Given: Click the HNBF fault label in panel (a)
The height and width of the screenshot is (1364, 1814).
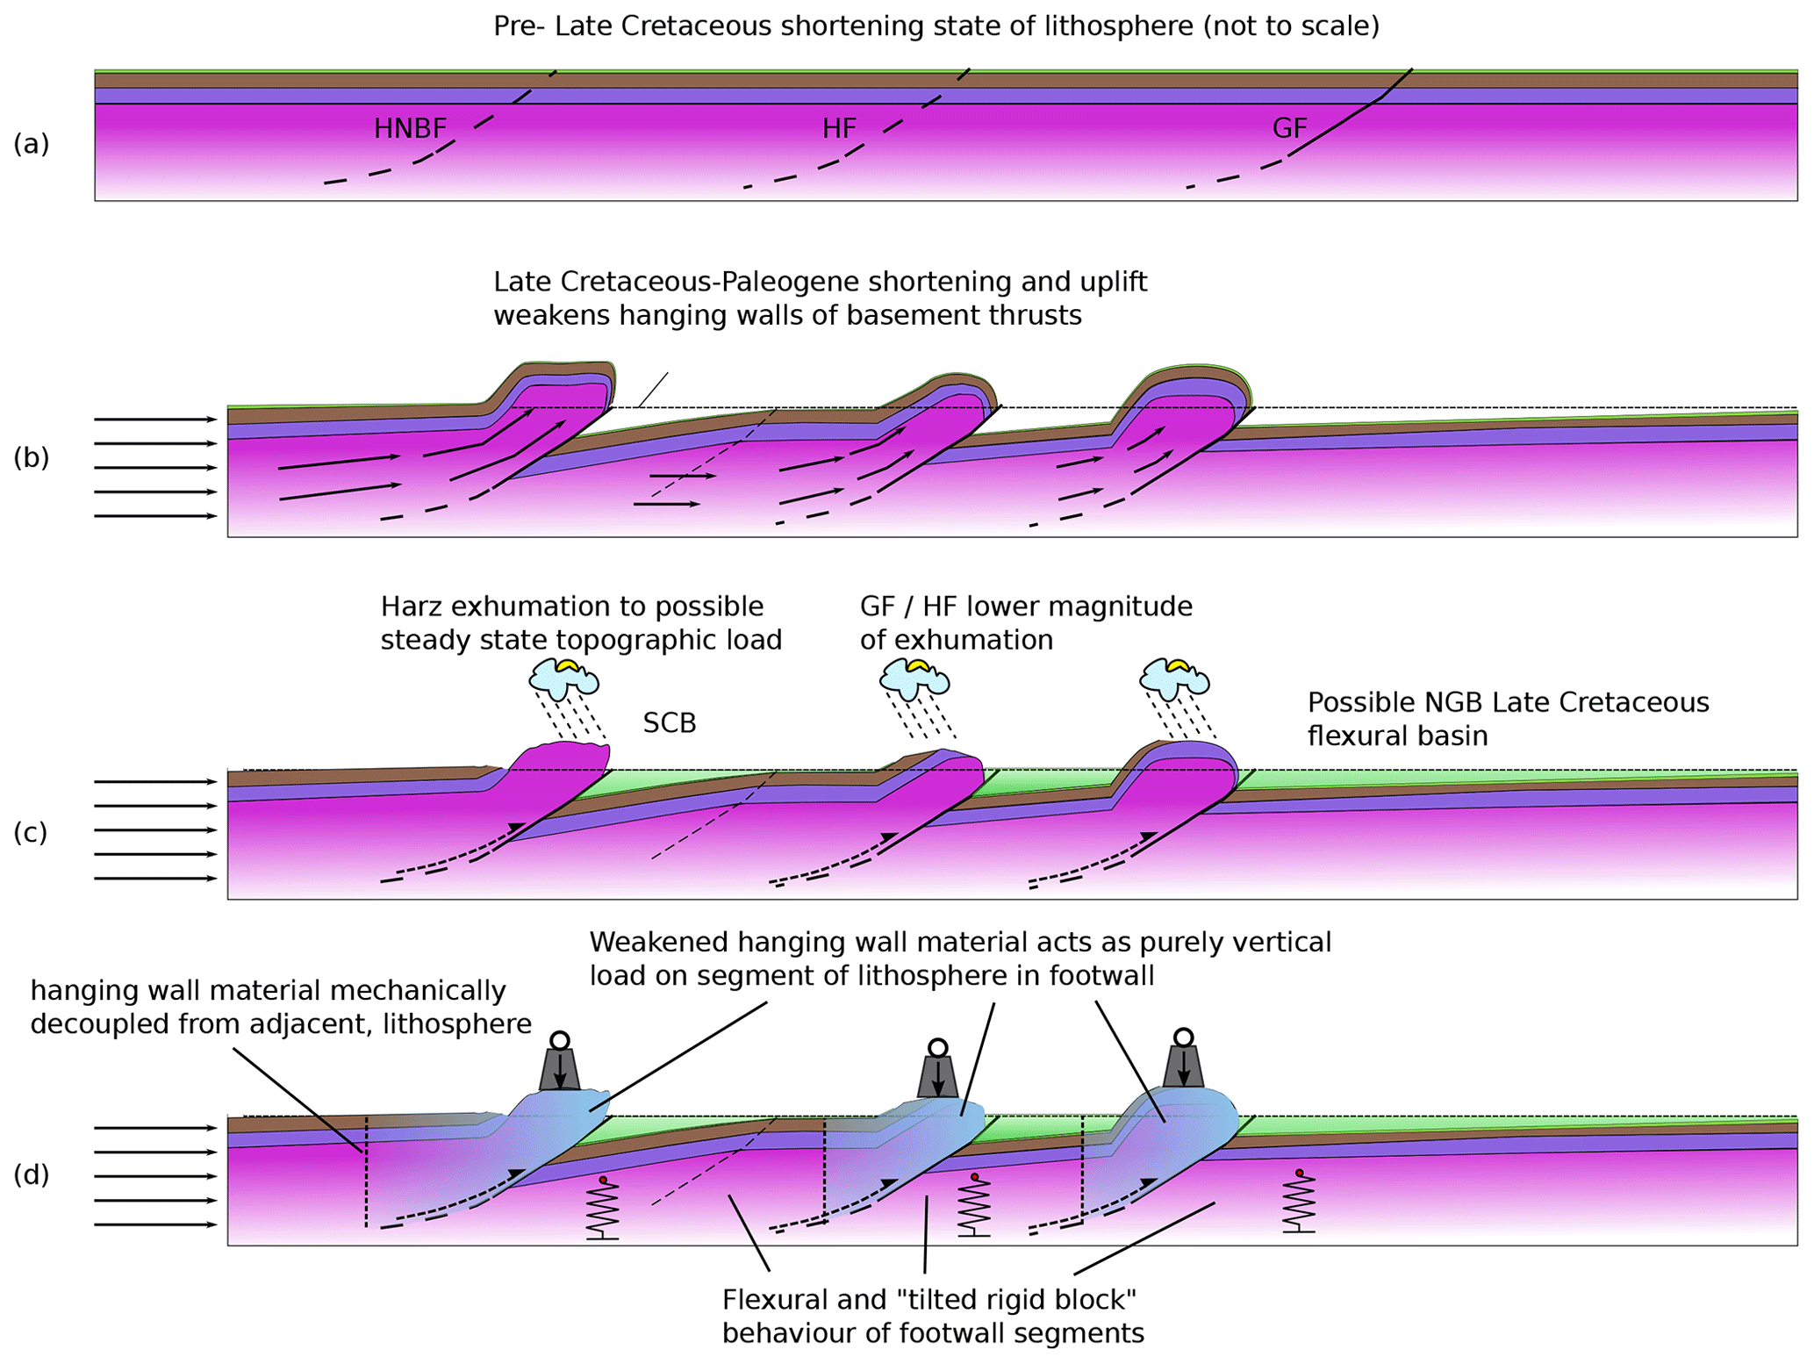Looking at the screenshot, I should [410, 129].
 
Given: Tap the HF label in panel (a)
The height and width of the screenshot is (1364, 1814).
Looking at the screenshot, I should [839, 129].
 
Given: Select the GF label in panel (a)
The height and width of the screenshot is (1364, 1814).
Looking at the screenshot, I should [1289, 129].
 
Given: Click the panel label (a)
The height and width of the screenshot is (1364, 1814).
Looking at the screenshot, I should [31, 144].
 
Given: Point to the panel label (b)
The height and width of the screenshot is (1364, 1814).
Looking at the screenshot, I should [31, 458].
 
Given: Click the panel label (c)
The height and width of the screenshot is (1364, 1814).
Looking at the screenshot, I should [31, 832].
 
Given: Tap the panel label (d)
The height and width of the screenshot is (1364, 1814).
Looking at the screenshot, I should [31, 1174].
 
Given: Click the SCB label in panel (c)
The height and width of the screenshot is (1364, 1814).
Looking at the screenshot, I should [670, 723].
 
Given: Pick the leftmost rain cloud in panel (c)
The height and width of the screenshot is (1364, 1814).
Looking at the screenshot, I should [564, 677].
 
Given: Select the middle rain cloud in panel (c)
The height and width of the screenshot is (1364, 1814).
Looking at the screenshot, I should [915, 677].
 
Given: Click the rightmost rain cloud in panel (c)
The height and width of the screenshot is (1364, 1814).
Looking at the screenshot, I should [1174, 675].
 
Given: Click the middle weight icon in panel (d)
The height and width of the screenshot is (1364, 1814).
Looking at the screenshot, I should [938, 1070].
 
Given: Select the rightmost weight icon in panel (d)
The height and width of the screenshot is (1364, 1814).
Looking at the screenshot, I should [1183, 1061].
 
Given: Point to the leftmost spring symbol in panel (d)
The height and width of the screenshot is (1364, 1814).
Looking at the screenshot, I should [603, 1208].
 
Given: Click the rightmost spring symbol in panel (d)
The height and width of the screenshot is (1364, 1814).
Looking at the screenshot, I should [1299, 1202].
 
